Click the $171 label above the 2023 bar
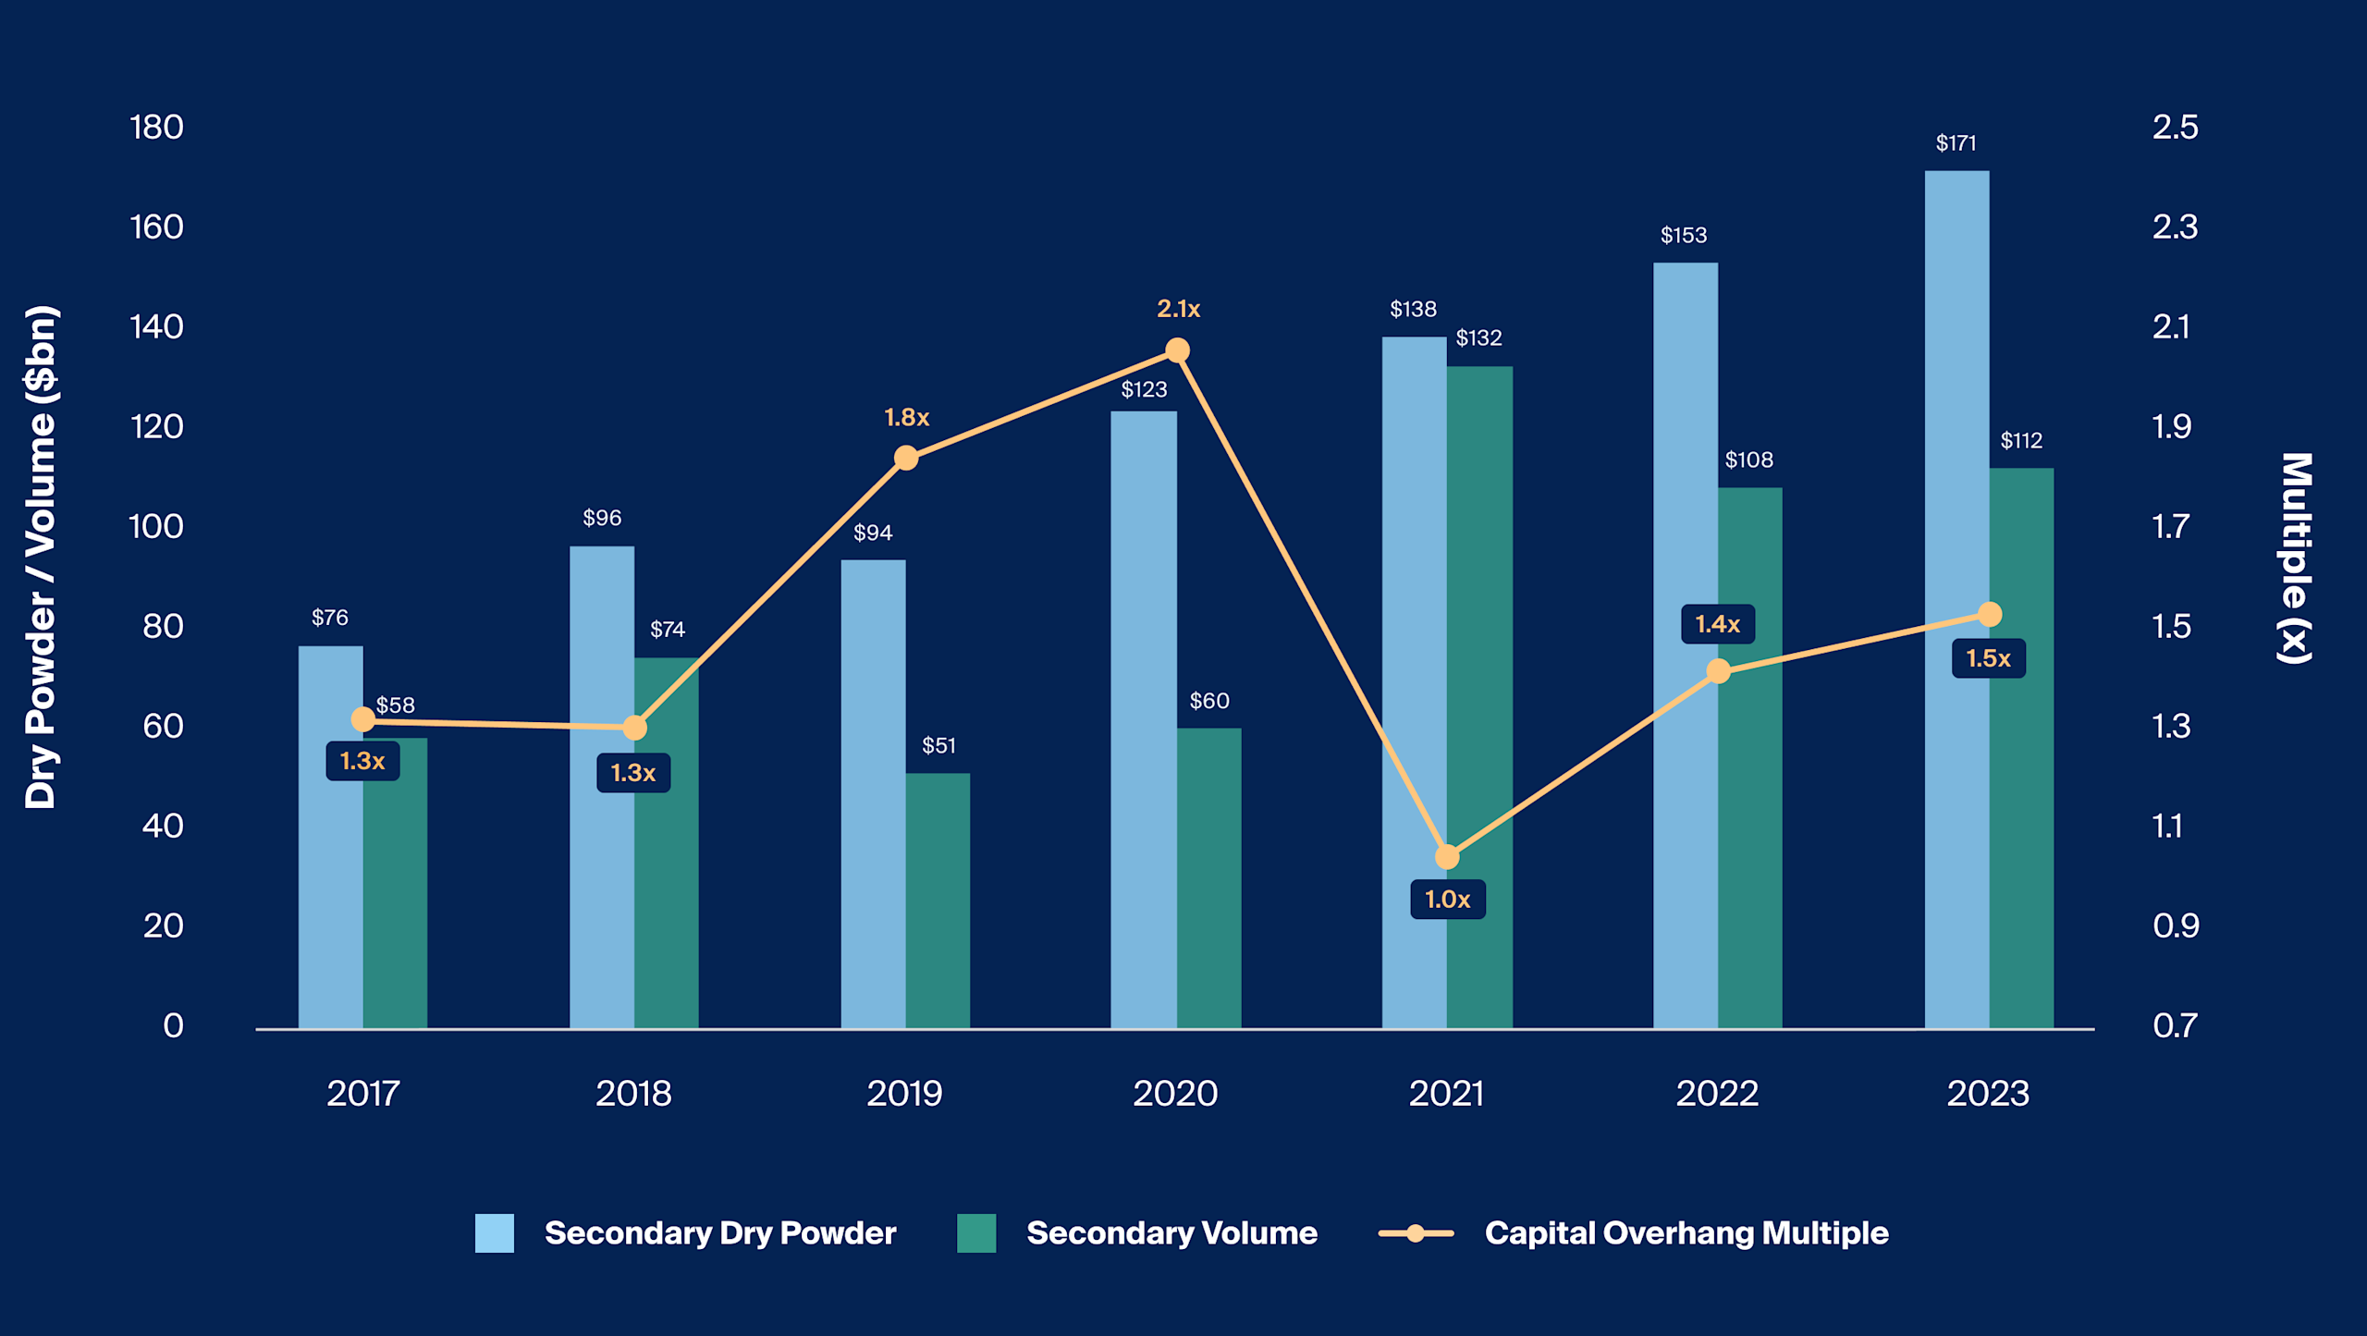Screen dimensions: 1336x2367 [1956, 143]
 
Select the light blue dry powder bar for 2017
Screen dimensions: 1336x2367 [330, 878]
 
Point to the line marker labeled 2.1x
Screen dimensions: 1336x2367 [1177, 350]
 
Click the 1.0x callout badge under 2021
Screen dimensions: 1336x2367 [1447, 899]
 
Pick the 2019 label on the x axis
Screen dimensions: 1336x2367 [904, 1094]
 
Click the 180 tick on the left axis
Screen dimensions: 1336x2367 [156, 128]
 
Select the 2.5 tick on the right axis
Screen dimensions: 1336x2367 [2175, 128]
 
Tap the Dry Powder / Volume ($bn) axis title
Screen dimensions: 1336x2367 [41, 558]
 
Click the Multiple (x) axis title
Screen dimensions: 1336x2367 [2296, 558]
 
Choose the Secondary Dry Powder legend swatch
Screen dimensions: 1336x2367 [494, 1233]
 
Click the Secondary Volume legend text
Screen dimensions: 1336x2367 [1171, 1233]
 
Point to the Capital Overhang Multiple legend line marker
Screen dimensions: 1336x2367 [1416, 1233]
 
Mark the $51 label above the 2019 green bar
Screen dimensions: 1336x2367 [938, 745]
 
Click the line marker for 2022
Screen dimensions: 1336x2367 [1718, 671]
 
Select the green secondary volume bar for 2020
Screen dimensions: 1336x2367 [1209, 878]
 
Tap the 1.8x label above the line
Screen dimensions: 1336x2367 [906, 418]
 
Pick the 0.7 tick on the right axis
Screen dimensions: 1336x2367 [2175, 1025]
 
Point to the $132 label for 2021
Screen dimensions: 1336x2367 [1478, 338]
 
